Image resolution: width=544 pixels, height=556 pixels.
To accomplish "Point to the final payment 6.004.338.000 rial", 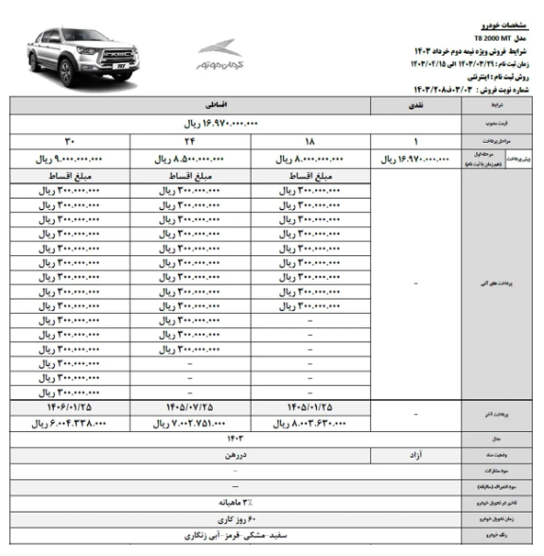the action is point(67,423).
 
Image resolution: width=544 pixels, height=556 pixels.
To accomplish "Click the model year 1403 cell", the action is point(250,439).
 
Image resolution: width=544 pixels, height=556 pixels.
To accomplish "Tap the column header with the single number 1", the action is point(415,141).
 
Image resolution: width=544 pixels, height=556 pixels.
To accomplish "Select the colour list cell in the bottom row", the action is point(250,536).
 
